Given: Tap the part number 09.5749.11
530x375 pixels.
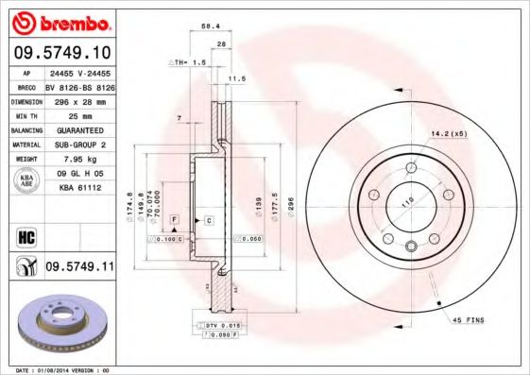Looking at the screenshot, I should (79, 268).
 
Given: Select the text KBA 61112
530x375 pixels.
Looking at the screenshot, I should (79, 187).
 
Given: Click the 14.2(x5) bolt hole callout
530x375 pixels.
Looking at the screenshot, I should (449, 133).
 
